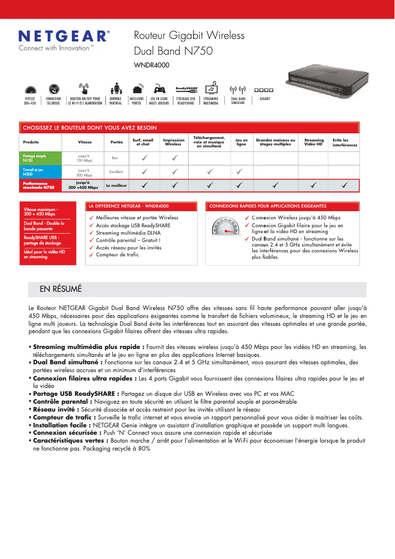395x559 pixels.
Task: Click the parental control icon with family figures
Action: point(116,89)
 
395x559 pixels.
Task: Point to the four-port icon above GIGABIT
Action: point(264,90)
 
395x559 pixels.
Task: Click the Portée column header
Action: point(117,142)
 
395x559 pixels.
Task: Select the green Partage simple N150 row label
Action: point(41,158)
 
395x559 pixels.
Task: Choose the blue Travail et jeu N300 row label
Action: point(41,172)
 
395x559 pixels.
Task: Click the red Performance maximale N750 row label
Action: point(41,185)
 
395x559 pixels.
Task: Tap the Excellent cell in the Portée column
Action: point(116,172)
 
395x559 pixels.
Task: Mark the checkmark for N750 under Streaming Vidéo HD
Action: point(313,185)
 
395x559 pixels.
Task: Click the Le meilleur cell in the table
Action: point(116,185)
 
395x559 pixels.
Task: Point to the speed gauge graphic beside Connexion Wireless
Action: point(225,229)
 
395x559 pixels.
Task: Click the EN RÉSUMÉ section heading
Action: point(61,289)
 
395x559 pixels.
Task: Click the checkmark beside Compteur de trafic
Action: point(91,255)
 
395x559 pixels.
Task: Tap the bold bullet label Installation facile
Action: point(62,425)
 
